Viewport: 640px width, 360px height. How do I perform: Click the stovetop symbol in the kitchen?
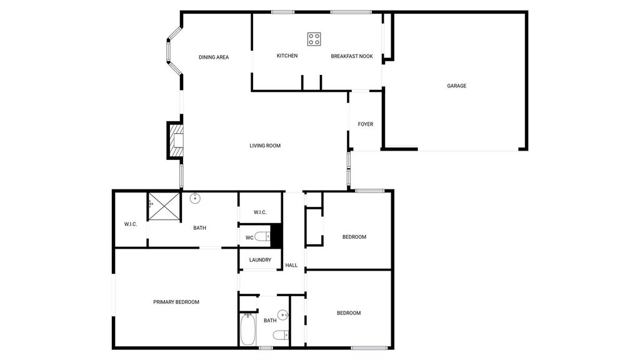(314, 39)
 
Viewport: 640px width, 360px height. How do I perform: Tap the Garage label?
(456, 86)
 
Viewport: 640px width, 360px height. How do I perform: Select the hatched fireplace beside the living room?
(176, 141)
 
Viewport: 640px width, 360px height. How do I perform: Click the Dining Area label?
(214, 57)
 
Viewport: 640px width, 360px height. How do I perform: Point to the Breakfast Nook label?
(352, 56)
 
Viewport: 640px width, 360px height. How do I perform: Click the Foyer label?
(365, 124)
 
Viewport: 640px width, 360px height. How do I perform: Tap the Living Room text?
(265, 146)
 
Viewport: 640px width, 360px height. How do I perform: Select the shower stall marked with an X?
(164, 206)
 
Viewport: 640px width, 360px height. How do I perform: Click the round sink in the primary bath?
(195, 198)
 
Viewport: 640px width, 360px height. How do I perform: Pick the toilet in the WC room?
(262, 236)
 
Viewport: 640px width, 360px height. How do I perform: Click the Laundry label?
(260, 259)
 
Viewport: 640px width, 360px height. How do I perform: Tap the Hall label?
(291, 265)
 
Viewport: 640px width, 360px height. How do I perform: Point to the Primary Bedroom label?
(176, 302)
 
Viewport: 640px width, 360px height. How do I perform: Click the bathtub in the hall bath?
(247, 329)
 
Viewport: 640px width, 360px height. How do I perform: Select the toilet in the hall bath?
(281, 335)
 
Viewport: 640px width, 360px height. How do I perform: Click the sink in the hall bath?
(283, 315)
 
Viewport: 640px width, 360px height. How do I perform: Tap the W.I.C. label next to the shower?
(131, 224)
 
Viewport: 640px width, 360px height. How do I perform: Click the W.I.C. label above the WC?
(260, 212)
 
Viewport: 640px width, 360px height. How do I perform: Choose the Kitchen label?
(287, 56)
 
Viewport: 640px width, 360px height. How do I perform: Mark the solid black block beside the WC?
(276, 236)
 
